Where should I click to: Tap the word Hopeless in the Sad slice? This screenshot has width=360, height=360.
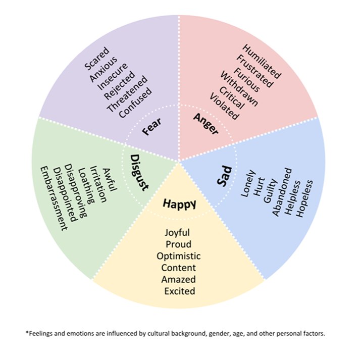[304, 198]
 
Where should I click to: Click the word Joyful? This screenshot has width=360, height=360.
[179, 233]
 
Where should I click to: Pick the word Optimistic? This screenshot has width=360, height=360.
[179, 256]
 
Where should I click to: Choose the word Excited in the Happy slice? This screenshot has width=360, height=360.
[179, 291]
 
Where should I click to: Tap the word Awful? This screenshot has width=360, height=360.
[109, 179]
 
